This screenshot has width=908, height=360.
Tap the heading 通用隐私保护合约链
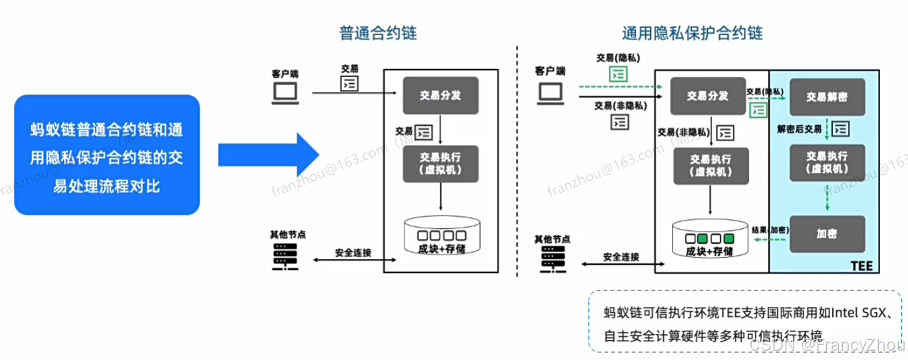[692, 33]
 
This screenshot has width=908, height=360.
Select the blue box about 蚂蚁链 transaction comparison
[107, 155]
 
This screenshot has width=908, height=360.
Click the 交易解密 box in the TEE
[827, 96]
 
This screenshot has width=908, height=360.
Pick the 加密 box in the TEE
[827, 234]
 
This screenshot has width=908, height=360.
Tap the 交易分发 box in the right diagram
[708, 96]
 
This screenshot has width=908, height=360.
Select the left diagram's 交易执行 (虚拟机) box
[442, 164]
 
